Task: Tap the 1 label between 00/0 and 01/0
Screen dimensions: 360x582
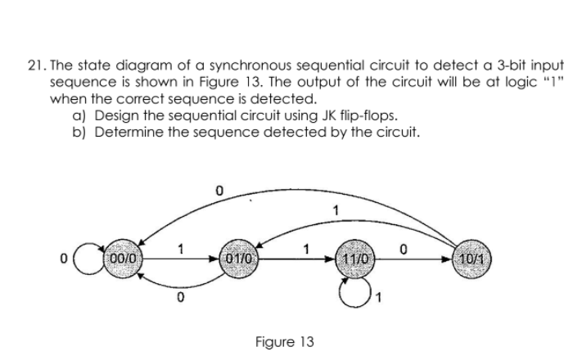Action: click(x=182, y=245)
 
